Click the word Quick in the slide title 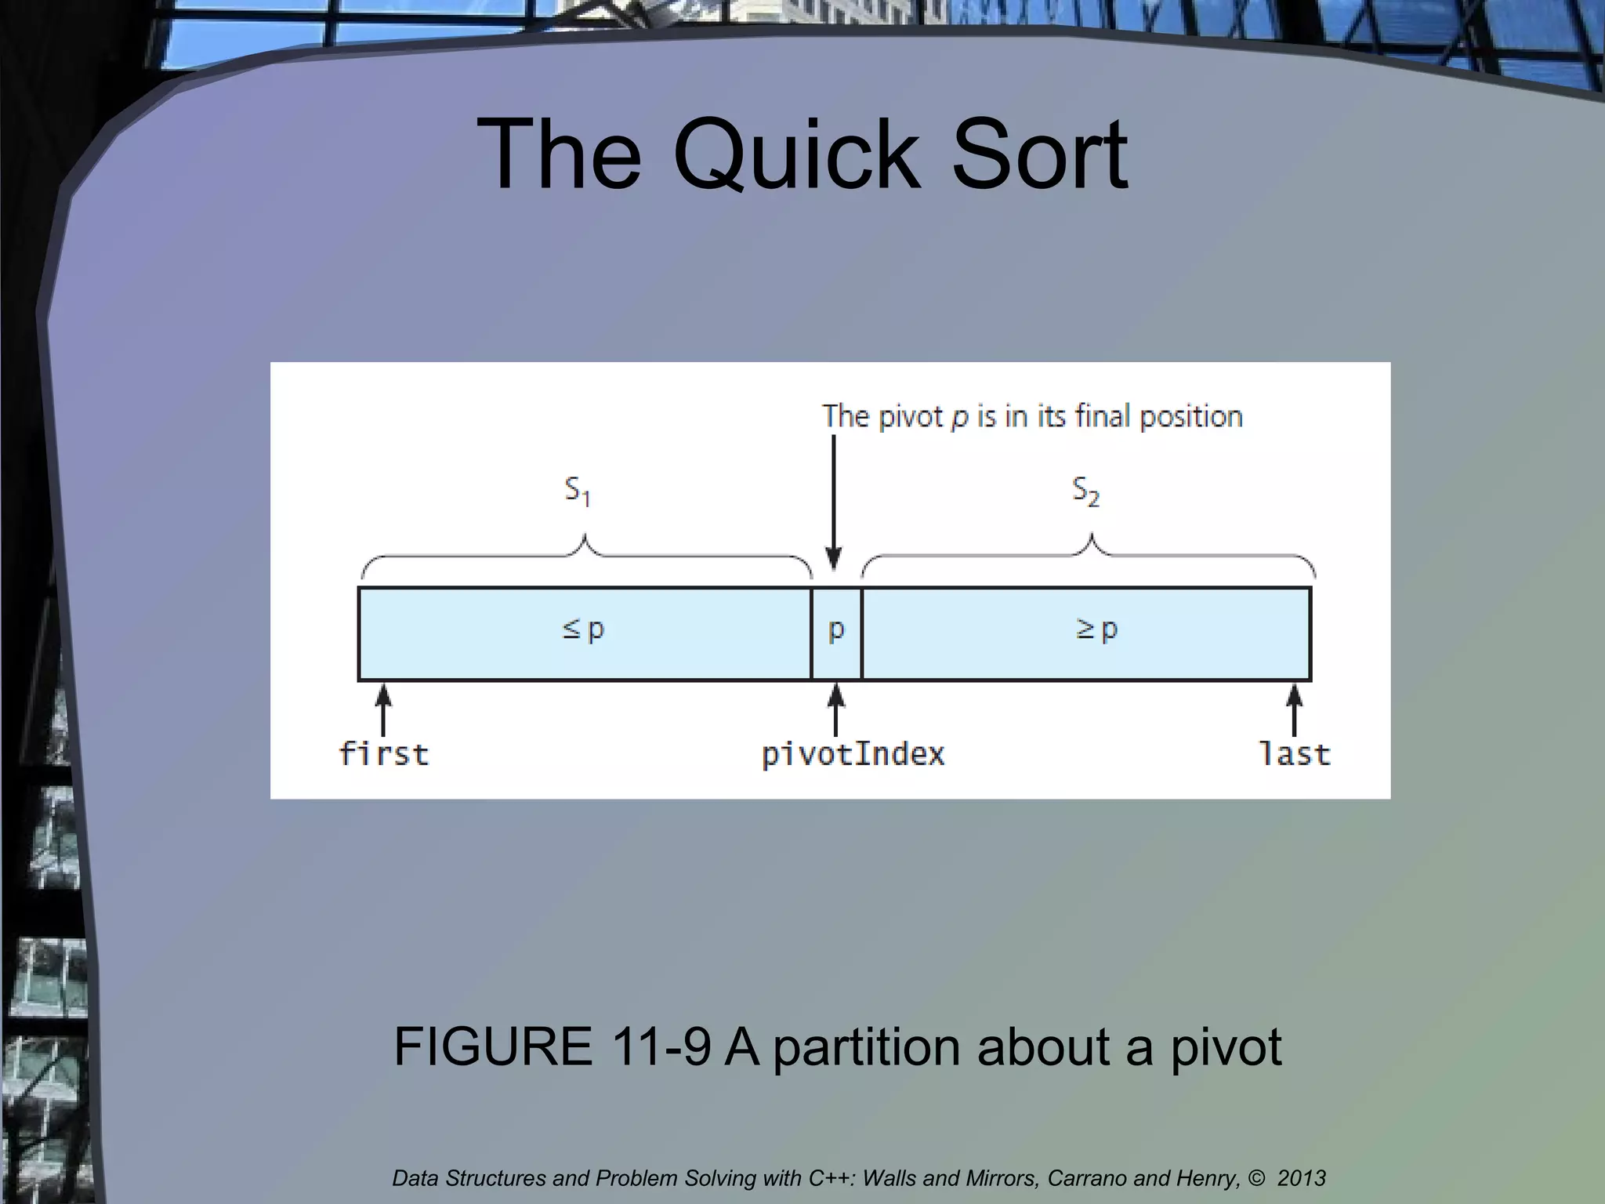coord(796,155)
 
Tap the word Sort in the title coord(1039,155)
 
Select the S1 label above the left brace coord(578,491)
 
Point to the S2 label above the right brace coord(1085,491)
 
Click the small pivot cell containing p coord(836,632)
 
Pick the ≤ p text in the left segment coord(584,629)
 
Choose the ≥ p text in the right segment coord(1096,629)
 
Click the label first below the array coord(384,754)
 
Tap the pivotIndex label coord(853,754)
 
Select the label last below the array coord(1295,754)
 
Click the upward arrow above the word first coord(383,709)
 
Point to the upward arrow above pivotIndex coord(836,709)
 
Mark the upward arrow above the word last coord(1295,709)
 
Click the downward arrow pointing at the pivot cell coord(834,502)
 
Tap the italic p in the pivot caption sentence coord(959,418)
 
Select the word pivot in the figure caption coord(1226,1047)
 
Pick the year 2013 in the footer coord(1301,1178)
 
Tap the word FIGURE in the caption coord(493,1046)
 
